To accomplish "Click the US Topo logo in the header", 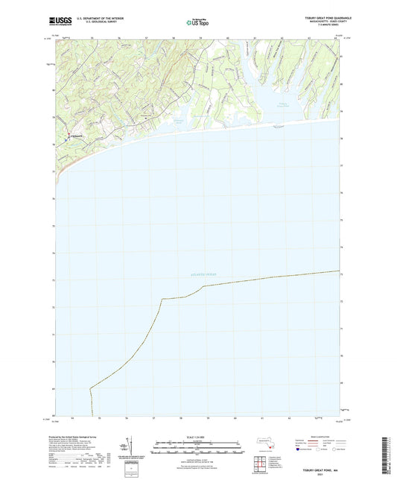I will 197,23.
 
